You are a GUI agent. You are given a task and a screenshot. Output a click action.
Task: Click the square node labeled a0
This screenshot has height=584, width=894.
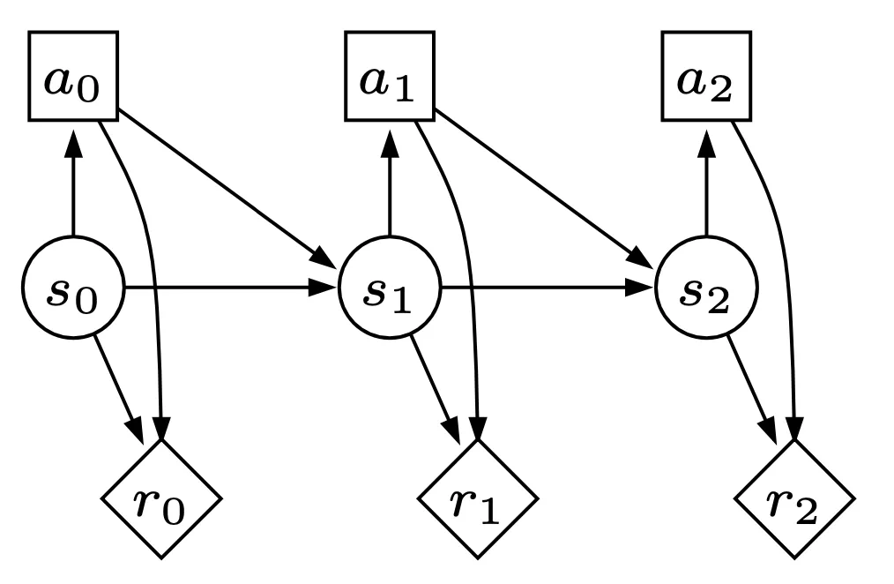tap(73, 76)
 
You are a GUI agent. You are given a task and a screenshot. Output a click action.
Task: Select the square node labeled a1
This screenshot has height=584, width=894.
tap(389, 76)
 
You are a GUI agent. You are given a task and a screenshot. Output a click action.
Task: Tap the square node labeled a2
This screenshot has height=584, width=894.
tap(706, 76)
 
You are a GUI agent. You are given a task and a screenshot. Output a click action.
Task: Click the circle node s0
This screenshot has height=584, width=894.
tap(73, 288)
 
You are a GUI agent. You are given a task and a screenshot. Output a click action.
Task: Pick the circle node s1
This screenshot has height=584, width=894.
tap(389, 288)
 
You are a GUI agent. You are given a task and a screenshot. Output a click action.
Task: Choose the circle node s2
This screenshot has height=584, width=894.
tap(706, 288)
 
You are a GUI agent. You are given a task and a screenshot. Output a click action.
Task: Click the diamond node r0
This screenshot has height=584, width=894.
tap(160, 498)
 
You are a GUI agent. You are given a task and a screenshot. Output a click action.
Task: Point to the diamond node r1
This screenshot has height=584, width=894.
tap(477, 498)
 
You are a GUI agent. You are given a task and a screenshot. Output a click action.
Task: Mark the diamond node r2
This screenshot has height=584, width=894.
tap(793, 498)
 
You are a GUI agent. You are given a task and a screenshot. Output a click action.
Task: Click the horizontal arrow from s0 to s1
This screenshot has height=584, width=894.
tap(229, 288)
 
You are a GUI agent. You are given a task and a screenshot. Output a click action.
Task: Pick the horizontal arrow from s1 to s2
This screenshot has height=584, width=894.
tap(547, 288)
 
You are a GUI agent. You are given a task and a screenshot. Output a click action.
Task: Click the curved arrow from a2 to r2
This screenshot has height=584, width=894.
tap(785, 265)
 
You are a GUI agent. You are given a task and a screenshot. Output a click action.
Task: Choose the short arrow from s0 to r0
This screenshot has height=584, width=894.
tap(117, 388)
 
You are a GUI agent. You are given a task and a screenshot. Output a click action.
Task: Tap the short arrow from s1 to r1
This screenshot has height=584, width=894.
tap(434, 388)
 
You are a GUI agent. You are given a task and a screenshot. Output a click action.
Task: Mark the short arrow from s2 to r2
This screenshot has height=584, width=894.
tap(751, 388)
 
